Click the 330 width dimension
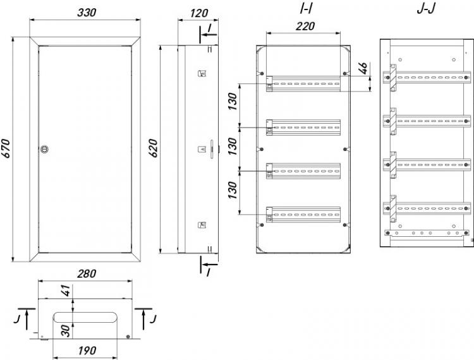coord(87,13)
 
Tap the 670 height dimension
coord(6,148)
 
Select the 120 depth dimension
coord(199,13)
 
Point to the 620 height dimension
coord(154,148)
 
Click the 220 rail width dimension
coord(305,27)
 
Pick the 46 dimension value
coord(364,68)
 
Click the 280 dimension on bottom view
coord(87,273)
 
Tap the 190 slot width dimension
coord(87,351)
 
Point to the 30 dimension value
coord(66,331)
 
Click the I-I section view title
coord(306,9)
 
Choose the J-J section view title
coord(426,9)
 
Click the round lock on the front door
coord(44,149)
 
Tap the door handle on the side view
coord(212,149)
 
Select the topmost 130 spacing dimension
coord(233,101)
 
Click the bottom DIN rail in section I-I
coord(303,215)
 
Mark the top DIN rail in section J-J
coord(427,78)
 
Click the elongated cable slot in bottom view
coord(85,318)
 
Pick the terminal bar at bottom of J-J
coord(427,233)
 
